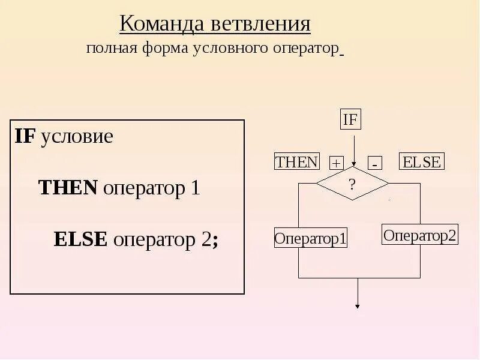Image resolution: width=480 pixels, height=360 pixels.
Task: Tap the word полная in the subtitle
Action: click(x=112, y=49)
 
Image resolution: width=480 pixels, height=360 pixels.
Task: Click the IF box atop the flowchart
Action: click(x=350, y=119)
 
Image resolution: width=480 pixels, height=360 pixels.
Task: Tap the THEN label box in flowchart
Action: click(x=296, y=162)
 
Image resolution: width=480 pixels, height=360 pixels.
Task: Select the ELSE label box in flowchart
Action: click(x=422, y=162)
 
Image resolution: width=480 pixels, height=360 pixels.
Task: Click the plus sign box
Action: click(x=336, y=163)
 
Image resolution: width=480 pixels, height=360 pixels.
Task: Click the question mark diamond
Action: click(x=352, y=184)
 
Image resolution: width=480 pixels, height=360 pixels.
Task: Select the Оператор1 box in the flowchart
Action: click(x=311, y=238)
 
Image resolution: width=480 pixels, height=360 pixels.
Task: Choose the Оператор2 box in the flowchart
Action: click(x=420, y=235)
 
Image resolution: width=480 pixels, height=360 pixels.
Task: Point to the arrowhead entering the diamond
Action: click(x=355, y=164)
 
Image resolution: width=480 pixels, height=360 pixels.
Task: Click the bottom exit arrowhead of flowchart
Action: click(x=358, y=306)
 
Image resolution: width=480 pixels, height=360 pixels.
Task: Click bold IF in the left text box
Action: click(x=26, y=137)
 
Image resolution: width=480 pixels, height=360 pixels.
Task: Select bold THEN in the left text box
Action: click(x=68, y=188)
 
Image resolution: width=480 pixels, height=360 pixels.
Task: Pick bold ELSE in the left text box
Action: click(x=80, y=239)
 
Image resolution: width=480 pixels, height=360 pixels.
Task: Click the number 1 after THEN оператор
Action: click(x=194, y=188)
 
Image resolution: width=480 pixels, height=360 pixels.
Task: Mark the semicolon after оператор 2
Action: click(x=215, y=241)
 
